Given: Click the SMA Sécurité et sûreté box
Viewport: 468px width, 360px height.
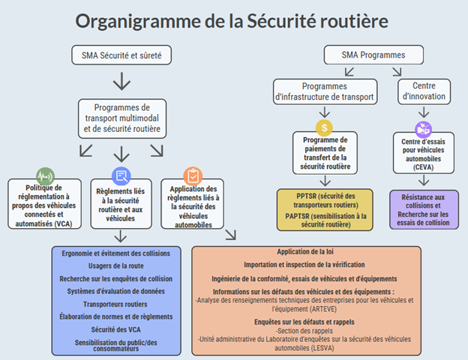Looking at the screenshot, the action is (x=121, y=55).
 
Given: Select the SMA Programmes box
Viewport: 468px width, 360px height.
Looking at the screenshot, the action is (x=373, y=55).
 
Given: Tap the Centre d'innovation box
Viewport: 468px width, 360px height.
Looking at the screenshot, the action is (x=424, y=91).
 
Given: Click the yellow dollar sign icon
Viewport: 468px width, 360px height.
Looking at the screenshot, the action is (x=324, y=127).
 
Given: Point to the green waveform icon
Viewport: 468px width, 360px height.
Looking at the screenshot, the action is (x=45, y=176).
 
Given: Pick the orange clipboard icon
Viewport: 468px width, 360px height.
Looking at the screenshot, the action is (x=193, y=176).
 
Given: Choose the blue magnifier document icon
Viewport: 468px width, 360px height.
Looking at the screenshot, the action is (x=121, y=176).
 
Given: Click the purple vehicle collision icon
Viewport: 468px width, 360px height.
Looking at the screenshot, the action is (x=423, y=130).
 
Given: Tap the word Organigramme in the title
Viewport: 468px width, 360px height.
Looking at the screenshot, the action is (x=138, y=21).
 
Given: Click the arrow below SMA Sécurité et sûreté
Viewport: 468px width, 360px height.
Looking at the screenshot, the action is (x=121, y=81).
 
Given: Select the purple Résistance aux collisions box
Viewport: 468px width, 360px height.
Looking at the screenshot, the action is (x=424, y=209).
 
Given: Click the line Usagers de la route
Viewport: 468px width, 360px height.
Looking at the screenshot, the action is (x=115, y=265).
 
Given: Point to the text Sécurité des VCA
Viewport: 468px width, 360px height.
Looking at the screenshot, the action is (x=115, y=329).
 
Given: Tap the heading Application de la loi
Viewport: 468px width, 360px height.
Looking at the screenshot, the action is (x=305, y=252).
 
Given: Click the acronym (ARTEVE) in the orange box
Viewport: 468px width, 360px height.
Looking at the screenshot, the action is (x=323, y=309).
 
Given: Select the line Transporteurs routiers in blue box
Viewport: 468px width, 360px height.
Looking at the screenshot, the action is (x=115, y=304).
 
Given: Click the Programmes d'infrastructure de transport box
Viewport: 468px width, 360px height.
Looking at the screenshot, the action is (x=325, y=91).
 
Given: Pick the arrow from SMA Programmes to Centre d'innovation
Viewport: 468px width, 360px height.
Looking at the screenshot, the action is (x=397, y=72).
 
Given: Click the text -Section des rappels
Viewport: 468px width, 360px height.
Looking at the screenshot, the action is (x=304, y=331).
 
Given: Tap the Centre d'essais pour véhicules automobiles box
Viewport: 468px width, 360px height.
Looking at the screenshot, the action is (x=424, y=153).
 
